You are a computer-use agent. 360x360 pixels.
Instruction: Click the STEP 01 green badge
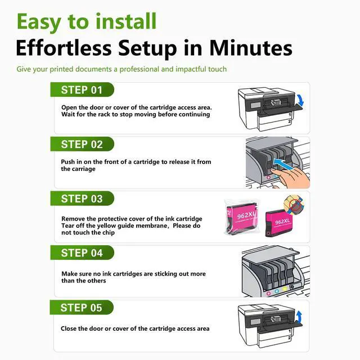click(82, 89)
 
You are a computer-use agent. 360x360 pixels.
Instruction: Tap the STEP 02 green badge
click(82, 144)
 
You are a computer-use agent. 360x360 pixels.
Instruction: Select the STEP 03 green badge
click(82, 199)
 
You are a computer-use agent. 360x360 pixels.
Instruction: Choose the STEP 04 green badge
click(82, 253)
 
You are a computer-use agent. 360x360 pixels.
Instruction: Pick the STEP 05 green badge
click(82, 307)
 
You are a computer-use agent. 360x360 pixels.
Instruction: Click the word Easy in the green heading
click(39, 22)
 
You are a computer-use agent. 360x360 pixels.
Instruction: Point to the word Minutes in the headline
click(250, 48)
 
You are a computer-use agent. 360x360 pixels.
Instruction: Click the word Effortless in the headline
click(64, 48)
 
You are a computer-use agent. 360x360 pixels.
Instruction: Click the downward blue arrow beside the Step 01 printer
click(301, 101)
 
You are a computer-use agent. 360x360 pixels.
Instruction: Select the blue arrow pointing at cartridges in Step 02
click(283, 164)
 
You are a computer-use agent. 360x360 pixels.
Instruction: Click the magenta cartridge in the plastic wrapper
click(242, 218)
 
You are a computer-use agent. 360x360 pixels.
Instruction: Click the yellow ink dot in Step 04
click(285, 289)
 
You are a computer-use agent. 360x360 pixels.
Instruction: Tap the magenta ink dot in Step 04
click(269, 293)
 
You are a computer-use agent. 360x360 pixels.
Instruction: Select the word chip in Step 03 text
click(109, 233)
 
